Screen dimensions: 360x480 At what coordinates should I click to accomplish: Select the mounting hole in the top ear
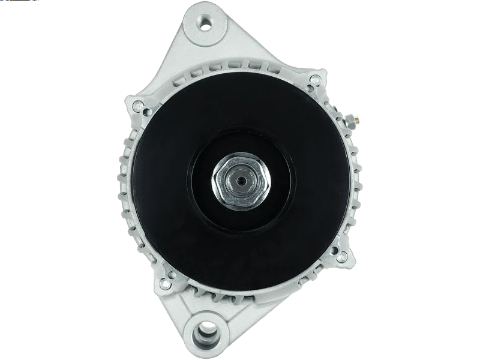click(206, 25)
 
